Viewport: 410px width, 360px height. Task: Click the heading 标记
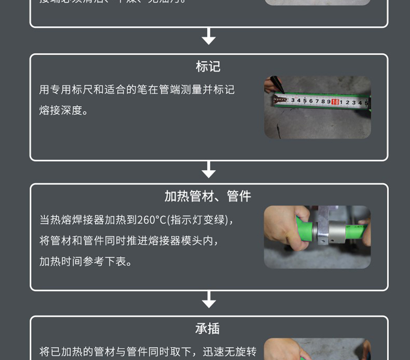[208, 67]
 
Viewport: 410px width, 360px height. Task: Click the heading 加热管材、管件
[208, 197]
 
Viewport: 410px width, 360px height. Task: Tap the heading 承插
[208, 329]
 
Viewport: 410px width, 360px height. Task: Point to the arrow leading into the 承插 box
[209, 300]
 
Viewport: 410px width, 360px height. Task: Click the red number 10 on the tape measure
[335, 102]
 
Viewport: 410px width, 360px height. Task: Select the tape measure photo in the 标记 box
[317, 107]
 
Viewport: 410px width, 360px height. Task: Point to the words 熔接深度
[60, 111]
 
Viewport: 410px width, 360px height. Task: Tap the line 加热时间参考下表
[86, 262]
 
